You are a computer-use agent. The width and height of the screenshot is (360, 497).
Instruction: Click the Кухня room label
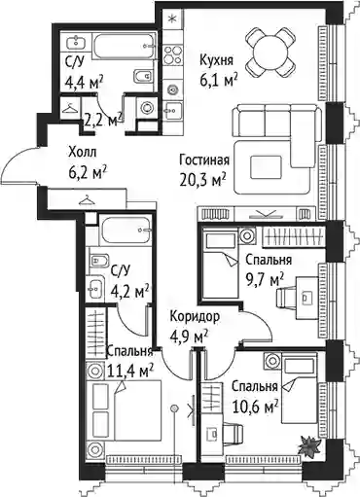coord(216,60)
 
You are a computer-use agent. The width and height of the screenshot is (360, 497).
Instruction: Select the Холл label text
coord(83,152)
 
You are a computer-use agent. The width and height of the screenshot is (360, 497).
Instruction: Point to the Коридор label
coord(195,316)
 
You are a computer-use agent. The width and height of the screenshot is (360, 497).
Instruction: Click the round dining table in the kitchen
coord(270,51)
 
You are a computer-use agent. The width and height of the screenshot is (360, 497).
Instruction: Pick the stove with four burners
coord(172,54)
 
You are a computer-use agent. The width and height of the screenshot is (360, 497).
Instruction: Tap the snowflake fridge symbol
coord(173,18)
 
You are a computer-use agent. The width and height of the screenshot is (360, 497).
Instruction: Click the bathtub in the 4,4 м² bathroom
coord(124,46)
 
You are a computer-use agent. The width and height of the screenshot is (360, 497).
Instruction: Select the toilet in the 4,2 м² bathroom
coord(98,260)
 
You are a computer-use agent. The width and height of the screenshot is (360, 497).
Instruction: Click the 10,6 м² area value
coord(255,407)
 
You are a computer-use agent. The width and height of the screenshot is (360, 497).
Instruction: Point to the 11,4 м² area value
coord(130,371)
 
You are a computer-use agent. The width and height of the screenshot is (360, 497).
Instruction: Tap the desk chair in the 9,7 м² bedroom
coord(286,297)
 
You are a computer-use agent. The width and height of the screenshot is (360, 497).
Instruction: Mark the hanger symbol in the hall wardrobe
coord(87,200)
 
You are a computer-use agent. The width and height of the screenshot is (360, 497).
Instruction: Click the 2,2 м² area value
coord(103,121)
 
